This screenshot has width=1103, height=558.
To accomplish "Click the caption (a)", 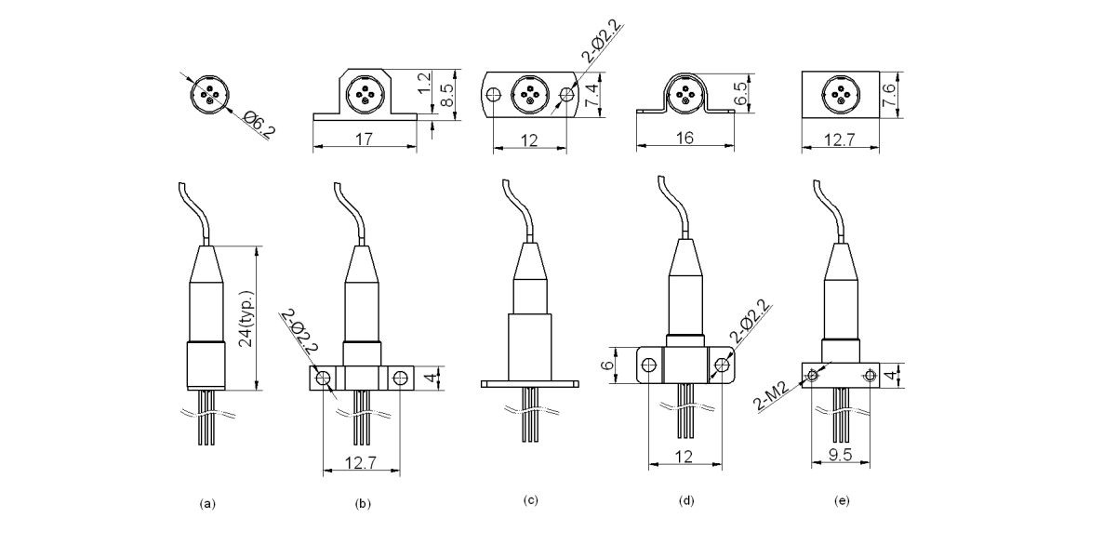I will [x=207, y=503].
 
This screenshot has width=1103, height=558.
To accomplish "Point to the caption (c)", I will [x=530, y=500].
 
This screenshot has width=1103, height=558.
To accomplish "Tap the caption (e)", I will [x=842, y=501].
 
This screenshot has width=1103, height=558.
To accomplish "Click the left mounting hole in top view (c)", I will [x=495, y=94].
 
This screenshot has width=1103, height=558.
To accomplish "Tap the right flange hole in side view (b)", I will [x=400, y=378].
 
